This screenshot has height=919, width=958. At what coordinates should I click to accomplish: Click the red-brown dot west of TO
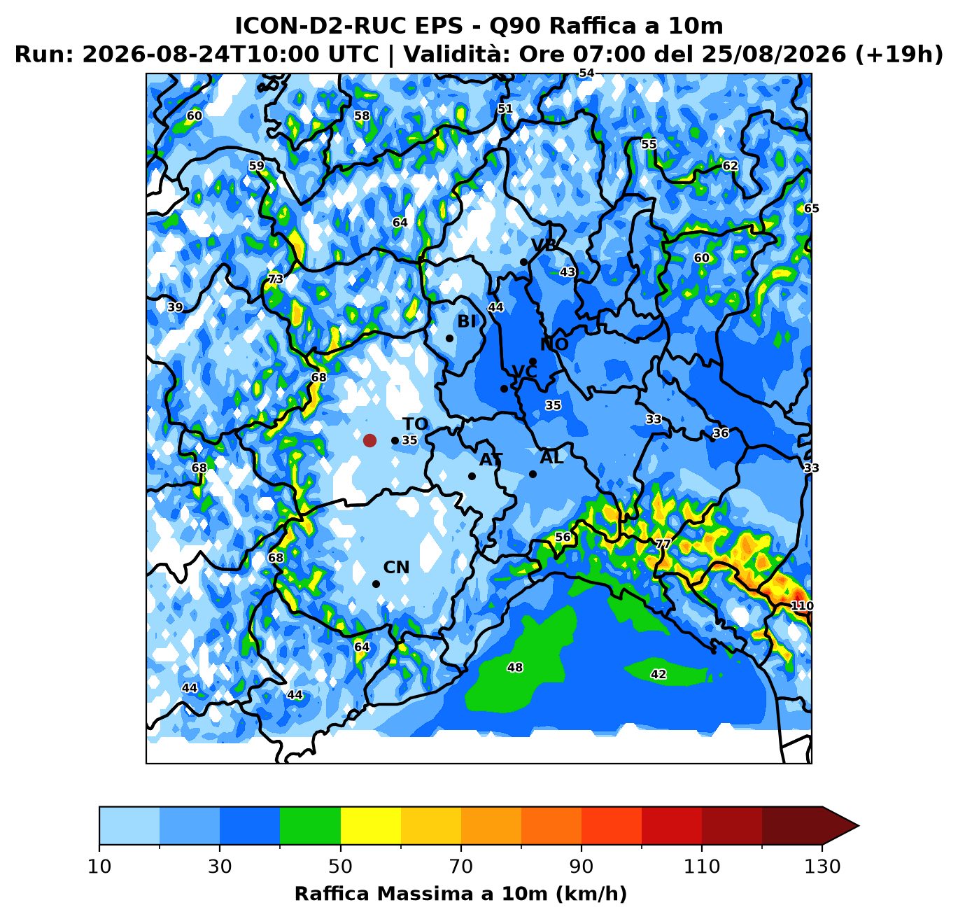(369, 440)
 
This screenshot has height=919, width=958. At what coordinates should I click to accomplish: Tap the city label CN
(396, 568)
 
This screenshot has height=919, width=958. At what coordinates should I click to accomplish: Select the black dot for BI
(449, 338)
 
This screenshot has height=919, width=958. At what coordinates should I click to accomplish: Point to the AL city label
(551, 458)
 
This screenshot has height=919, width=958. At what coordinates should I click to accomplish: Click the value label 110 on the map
(801, 605)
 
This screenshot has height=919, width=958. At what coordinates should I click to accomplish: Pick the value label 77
(663, 544)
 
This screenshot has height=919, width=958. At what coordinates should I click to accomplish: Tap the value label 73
(275, 279)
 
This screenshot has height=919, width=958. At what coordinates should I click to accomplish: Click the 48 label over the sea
(515, 667)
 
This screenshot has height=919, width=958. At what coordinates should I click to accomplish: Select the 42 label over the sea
(658, 674)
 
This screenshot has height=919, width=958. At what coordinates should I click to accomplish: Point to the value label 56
(563, 537)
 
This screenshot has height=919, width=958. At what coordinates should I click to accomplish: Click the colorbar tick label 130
(822, 867)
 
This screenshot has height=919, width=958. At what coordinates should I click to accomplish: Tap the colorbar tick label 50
(340, 867)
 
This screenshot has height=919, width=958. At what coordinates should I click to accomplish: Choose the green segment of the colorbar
(310, 825)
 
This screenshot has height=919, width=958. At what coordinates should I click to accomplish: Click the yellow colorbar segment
(371, 825)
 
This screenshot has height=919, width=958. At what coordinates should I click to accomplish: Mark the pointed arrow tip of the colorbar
(859, 825)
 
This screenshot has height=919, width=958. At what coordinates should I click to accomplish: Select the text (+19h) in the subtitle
(899, 54)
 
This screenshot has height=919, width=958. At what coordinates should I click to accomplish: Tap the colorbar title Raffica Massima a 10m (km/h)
(460, 893)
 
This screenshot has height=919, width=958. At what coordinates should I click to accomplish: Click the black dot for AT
(472, 476)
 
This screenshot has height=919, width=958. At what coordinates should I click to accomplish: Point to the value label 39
(175, 307)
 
